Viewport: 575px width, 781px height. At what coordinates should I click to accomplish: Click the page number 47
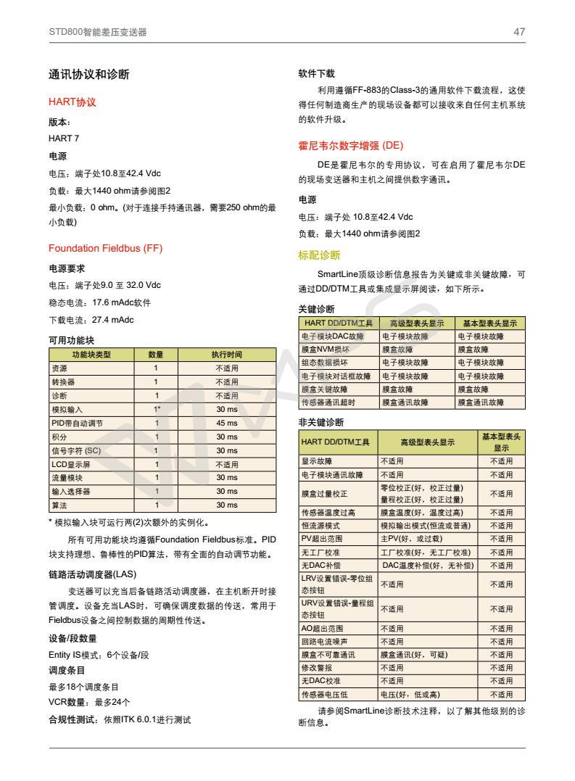coord(519,32)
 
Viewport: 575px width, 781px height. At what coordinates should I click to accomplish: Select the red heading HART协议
coord(72,102)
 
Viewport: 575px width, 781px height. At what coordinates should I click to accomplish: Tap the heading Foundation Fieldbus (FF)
coord(105,249)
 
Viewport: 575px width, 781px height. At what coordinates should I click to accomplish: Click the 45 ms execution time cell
coord(227,423)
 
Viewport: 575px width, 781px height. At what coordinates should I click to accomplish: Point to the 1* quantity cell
coord(156,410)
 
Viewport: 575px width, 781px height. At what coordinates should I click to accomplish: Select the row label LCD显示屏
coord(70,465)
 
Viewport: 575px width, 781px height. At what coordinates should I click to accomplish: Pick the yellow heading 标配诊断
coord(319,255)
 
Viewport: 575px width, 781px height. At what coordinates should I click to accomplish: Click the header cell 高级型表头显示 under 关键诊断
coord(417,323)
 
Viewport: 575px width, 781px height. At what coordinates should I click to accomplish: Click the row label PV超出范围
coord(321,539)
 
